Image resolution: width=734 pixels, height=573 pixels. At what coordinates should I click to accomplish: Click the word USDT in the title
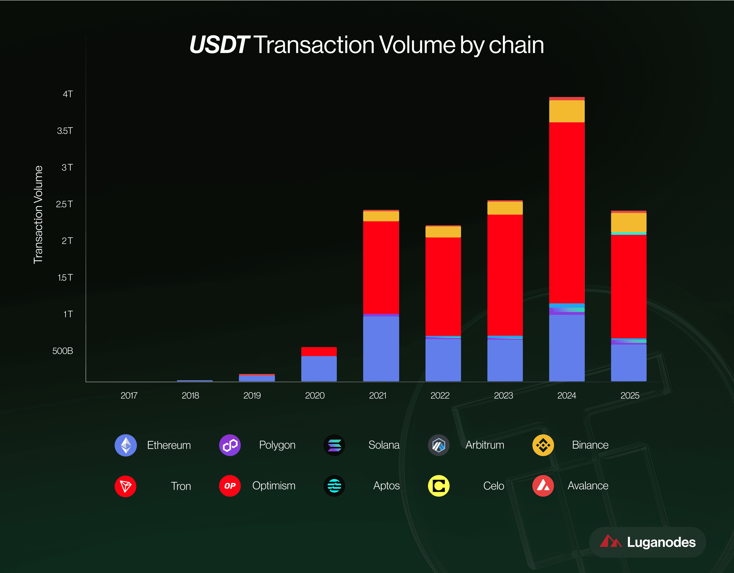coord(219,45)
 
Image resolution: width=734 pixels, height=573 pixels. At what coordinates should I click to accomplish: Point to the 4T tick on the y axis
coord(67,94)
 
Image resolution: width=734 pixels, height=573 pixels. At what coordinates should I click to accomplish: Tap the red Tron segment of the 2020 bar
coord(319,351)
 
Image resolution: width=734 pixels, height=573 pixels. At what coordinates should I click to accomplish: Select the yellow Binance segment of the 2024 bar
coord(567,111)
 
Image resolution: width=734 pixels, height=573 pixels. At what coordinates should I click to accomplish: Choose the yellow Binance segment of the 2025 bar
coord(628,222)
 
